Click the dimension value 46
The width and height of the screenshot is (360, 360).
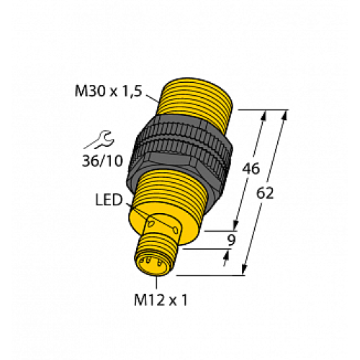(x=250, y=170)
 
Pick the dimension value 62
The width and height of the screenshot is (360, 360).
(x=265, y=194)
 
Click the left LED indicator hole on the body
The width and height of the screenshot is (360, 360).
(x=152, y=222)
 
